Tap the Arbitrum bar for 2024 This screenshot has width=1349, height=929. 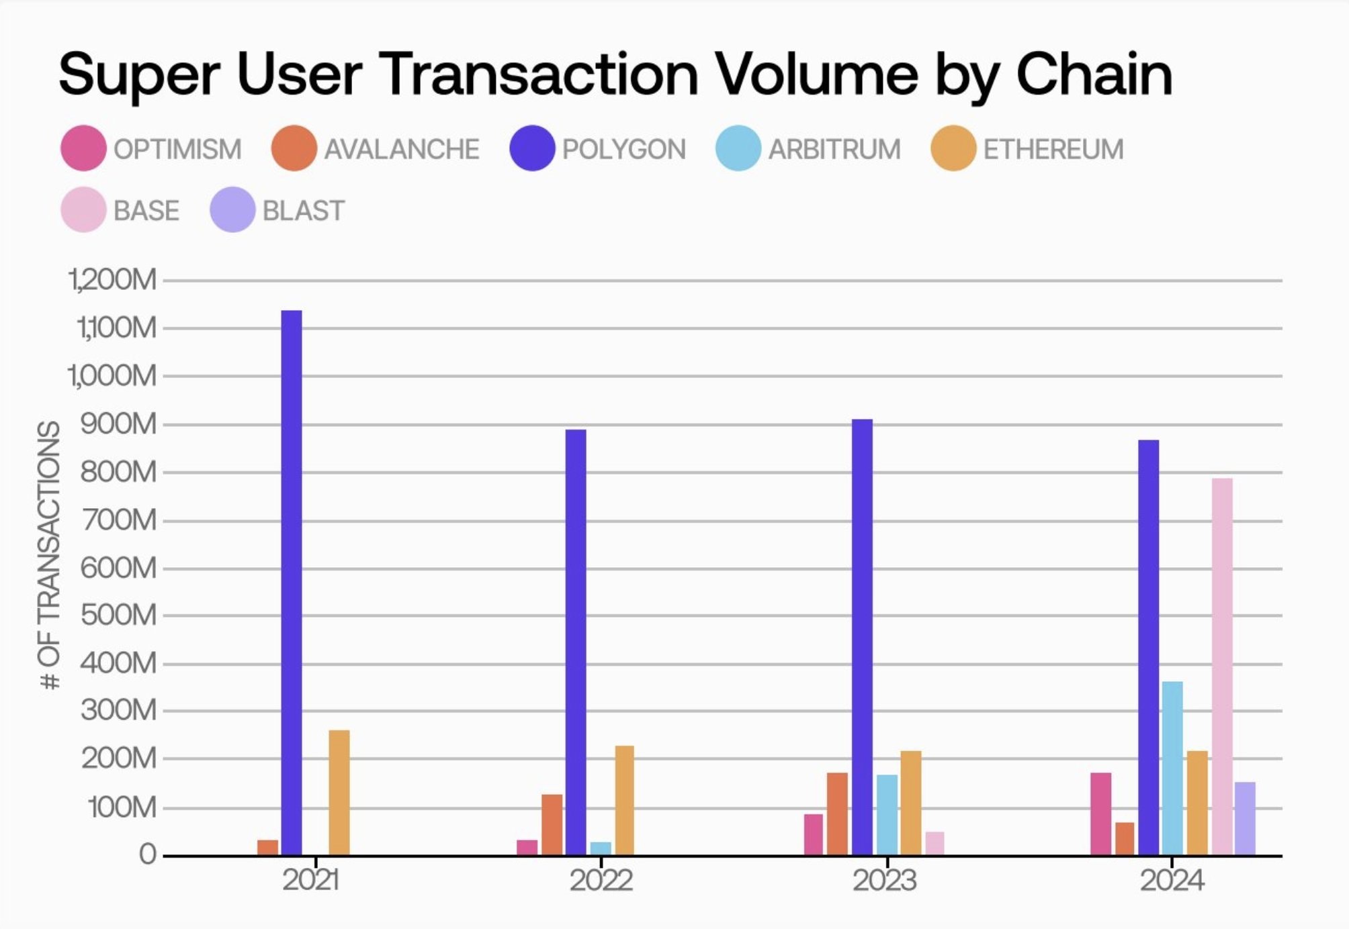click(1172, 768)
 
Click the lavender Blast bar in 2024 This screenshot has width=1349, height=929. click(1245, 818)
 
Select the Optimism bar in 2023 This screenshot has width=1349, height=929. click(813, 834)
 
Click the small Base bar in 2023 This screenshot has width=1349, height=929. click(934, 843)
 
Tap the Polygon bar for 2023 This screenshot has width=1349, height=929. click(862, 637)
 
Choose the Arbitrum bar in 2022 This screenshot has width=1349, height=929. click(601, 848)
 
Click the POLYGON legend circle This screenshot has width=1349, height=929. click(532, 148)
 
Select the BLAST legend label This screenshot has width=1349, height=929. click(303, 211)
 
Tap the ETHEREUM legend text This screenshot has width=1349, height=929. click(1053, 149)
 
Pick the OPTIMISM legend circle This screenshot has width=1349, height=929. click(83, 148)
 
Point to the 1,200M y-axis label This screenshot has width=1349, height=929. click(113, 279)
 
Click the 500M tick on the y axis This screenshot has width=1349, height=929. click(118, 615)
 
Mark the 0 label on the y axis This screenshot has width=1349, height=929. click(148, 854)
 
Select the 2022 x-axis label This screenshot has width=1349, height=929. click(601, 880)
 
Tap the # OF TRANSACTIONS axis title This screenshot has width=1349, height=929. click(50, 555)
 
